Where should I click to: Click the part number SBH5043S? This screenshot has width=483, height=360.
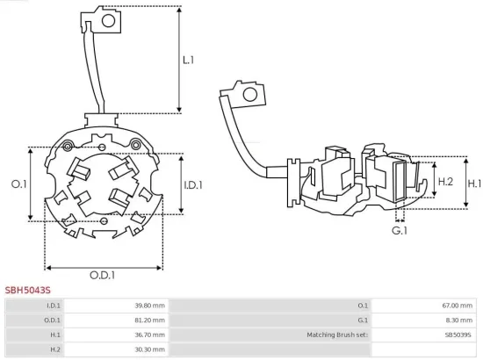click(x=28, y=288)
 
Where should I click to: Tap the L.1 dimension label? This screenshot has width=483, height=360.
click(x=188, y=60)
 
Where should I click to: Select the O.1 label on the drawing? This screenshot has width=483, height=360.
click(x=18, y=184)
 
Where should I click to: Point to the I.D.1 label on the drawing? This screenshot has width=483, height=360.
click(x=193, y=185)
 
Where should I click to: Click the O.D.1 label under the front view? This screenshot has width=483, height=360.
click(x=103, y=276)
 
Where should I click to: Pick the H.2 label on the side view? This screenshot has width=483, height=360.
click(x=444, y=182)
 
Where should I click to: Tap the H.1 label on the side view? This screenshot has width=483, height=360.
click(x=474, y=184)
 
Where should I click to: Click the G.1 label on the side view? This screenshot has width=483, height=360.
click(x=400, y=230)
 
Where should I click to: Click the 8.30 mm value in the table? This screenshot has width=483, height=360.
click(x=458, y=320)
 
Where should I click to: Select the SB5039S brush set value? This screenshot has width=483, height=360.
click(x=457, y=335)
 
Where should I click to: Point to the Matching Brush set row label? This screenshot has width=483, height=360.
click(x=337, y=335)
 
